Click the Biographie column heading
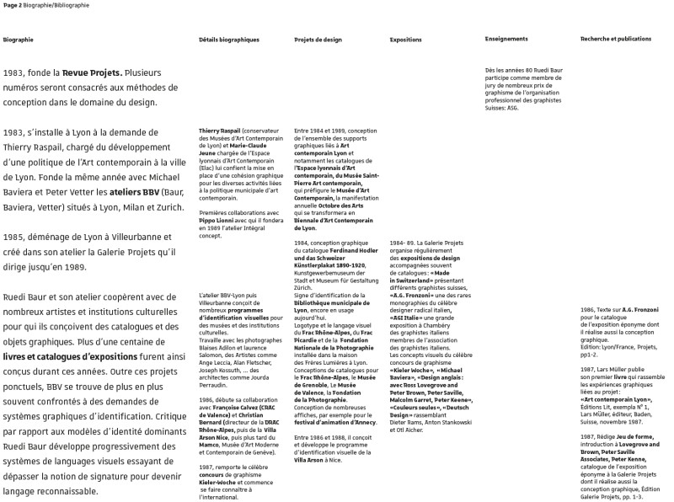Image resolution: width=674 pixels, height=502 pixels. [x=18, y=40]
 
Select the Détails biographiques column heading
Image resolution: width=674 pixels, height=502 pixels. [x=229, y=40]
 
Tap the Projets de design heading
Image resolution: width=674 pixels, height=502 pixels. [x=318, y=40]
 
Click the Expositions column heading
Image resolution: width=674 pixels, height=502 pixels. [x=406, y=40]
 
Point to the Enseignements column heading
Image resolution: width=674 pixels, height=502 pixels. [x=507, y=39]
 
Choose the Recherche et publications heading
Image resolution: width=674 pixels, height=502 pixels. [x=616, y=39]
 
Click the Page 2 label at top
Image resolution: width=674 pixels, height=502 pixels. [x=13, y=5]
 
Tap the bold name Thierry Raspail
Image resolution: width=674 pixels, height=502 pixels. [x=220, y=131]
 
